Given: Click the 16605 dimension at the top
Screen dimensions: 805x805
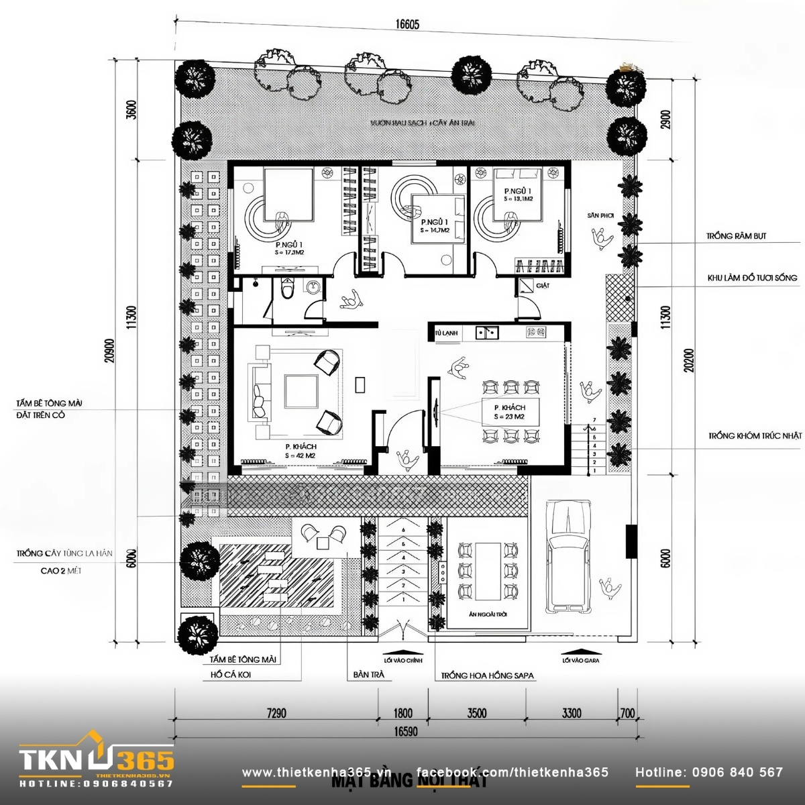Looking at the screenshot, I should coord(407,25).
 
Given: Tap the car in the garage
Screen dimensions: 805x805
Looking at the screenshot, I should coord(568,556).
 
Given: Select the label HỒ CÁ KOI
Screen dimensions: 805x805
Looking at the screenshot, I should coord(230,675).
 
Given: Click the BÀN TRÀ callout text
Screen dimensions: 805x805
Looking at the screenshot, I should coord(368,675).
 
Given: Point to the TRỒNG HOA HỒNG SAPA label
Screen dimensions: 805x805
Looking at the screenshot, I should coord(487,676).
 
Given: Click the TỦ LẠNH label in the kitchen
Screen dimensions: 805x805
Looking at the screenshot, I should coord(445,333).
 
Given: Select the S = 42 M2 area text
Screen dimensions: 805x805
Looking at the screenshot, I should coord(300,455).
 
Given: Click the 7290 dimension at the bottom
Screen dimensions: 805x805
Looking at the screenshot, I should coord(276,713).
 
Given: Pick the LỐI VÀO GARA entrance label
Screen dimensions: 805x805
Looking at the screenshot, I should coord(580,660).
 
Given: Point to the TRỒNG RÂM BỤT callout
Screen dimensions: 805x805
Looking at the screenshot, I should coord(736,236).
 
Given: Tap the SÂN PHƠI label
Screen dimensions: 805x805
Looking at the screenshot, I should coord(600,215).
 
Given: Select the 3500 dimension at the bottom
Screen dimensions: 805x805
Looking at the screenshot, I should coord(476,713).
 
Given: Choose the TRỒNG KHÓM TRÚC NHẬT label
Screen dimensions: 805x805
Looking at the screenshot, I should coord(755,436).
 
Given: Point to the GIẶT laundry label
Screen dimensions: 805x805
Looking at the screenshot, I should coord(543,286).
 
